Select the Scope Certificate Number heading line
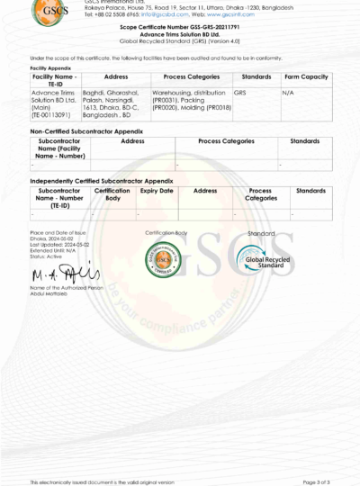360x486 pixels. click(x=180, y=28)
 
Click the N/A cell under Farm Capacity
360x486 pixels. click(x=288, y=92)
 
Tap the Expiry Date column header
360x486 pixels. click(x=157, y=191)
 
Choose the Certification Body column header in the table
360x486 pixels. click(x=113, y=194)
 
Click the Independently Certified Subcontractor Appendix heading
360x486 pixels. click(x=101, y=180)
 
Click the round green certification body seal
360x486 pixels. click(x=165, y=261)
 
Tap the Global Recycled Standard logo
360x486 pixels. click(x=260, y=260)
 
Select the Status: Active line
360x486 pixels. click(x=47, y=256)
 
